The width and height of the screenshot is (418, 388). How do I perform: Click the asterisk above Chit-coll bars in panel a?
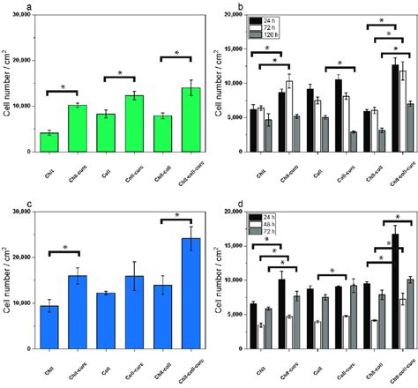(x=176, y=53)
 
